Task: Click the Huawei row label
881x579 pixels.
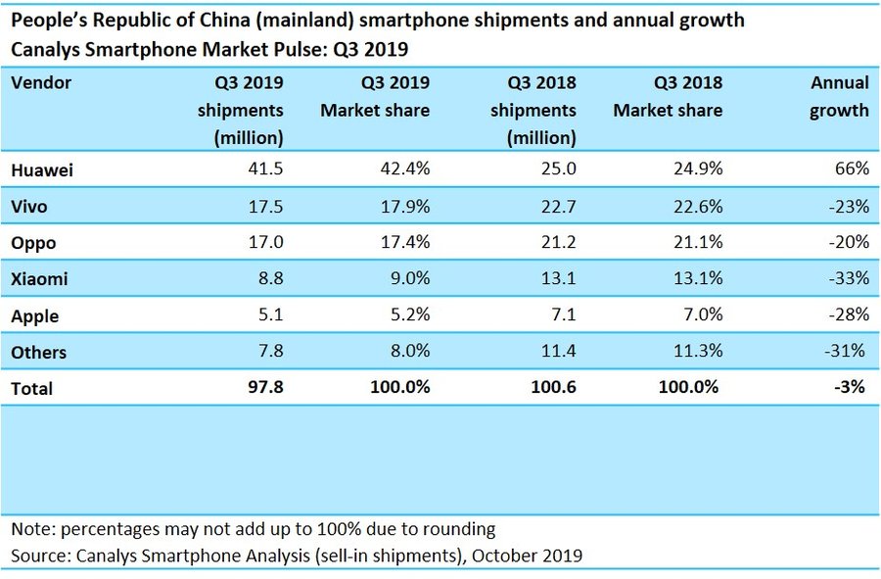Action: pyautogui.click(x=43, y=169)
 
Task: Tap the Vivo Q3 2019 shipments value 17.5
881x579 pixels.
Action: pyautogui.click(x=264, y=206)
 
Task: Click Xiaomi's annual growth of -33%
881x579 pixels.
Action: pyautogui.click(x=848, y=278)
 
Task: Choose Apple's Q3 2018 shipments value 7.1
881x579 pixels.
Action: pyautogui.click(x=563, y=314)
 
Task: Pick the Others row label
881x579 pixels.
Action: pyautogui.click(x=39, y=352)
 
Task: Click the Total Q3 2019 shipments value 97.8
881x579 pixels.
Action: pyautogui.click(x=264, y=388)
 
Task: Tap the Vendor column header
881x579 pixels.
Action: pyautogui.click(x=41, y=83)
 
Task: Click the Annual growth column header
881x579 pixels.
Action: pyautogui.click(x=839, y=97)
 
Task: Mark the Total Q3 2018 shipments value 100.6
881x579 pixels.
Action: pyautogui.click(x=553, y=388)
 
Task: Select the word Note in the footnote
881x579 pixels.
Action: pyautogui.click(x=32, y=529)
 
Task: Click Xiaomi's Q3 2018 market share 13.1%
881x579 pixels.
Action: pyautogui.click(x=697, y=278)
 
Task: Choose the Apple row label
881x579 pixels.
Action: pyautogui.click(x=35, y=315)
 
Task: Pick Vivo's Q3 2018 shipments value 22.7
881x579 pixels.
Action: pyautogui.click(x=558, y=206)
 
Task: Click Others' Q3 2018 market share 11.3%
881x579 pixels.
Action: pyautogui.click(x=697, y=352)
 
